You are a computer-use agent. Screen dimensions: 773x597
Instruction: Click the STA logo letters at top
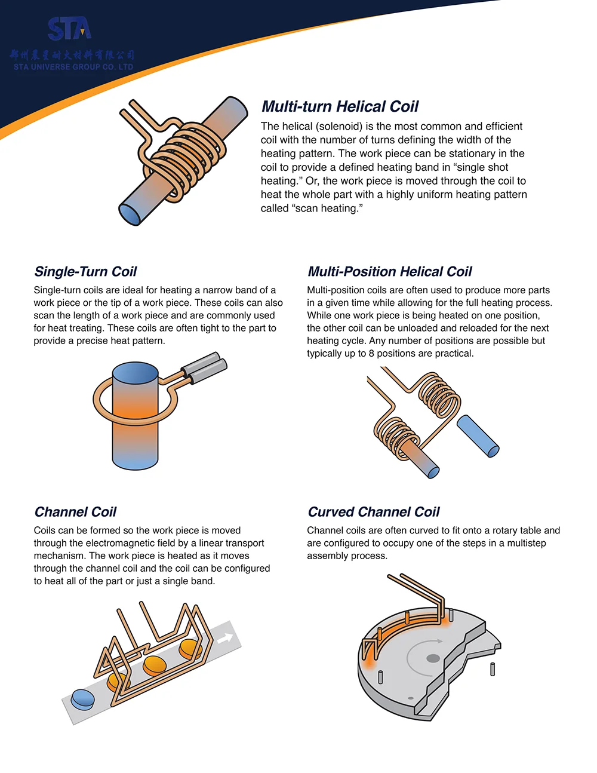coord(70,29)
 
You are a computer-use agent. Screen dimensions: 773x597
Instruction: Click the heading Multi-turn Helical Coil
coord(340,107)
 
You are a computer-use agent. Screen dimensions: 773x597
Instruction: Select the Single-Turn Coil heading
coord(85,272)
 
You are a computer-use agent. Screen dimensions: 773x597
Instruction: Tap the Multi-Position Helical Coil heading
coord(389,272)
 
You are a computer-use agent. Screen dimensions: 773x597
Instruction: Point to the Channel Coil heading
coord(75,512)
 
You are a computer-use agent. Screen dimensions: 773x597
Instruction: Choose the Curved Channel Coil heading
coord(373,512)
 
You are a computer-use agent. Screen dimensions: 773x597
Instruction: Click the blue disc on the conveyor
coord(82,700)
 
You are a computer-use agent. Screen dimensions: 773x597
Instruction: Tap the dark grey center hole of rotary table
coord(433,658)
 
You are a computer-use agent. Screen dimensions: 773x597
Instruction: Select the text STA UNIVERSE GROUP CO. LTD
coord(73,67)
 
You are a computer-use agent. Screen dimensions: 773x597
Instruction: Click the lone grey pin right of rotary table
coord(493,669)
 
